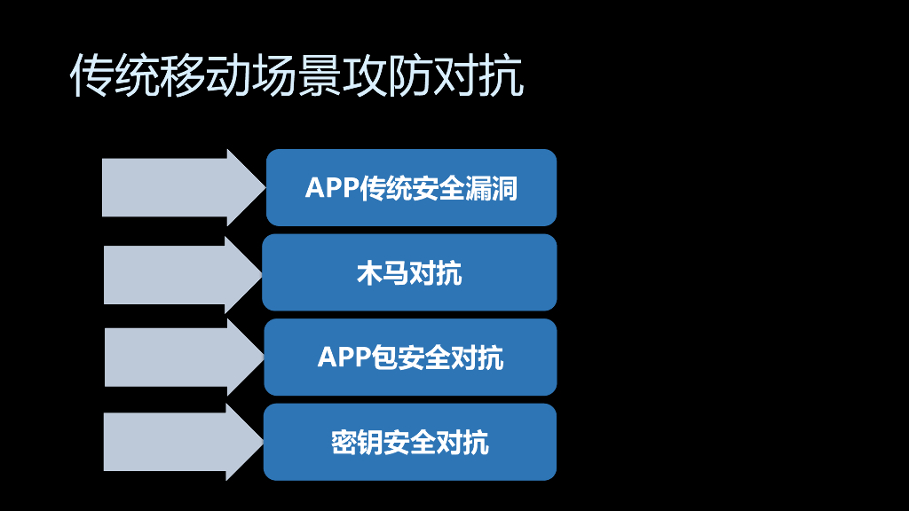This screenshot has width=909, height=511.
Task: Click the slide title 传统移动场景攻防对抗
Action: pyautogui.click(x=296, y=75)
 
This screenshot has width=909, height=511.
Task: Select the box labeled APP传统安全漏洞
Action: pyautogui.click(x=411, y=188)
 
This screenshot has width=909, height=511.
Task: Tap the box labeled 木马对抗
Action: pyautogui.click(x=409, y=272)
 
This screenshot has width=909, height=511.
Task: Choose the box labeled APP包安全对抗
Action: pyautogui.click(x=410, y=357)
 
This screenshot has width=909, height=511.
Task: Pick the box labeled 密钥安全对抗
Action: pyautogui.click(x=410, y=442)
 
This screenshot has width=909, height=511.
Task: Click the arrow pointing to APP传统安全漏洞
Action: pyautogui.click(x=184, y=188)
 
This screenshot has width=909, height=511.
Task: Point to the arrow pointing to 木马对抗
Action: pyautogui.click(x=183, y=275)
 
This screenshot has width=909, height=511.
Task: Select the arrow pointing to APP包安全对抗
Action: pyautogui.click(x=185, y=358)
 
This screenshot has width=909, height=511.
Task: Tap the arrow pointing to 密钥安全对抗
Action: pyautogui.click(x=184, y=442)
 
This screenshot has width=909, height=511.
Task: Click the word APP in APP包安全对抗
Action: pyautogui.click(x=344, y=358)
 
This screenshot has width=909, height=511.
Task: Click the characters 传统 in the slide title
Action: pyautogui.click(x=115, y=75)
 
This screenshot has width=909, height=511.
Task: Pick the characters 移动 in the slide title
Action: pyautogui.click(x=206, y=75)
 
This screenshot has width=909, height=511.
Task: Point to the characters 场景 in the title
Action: pyautogui.click(x=296, y=75)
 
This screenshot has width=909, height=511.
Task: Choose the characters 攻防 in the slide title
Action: pyautogui.click(x=388, y=75)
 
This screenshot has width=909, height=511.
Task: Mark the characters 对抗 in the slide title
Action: pyautogui.click(x=478, y=75)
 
